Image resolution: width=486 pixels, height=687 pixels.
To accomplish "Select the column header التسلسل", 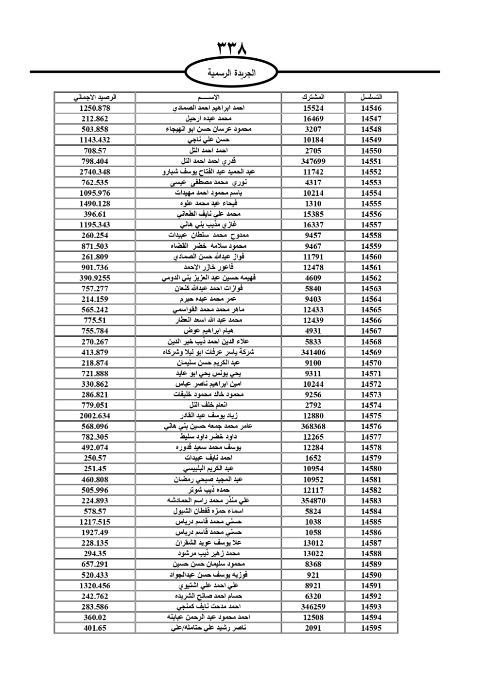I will (371, 97).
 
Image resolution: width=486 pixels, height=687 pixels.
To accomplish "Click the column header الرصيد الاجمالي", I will (95, 97).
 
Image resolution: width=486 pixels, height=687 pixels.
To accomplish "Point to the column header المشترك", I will (313, 97).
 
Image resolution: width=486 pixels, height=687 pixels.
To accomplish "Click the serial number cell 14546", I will (371, 108).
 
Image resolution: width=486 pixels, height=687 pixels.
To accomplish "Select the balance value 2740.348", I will (95, 172).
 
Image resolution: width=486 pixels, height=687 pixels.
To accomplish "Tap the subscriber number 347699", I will (313, 161).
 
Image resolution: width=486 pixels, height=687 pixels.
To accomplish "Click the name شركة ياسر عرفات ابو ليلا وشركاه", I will (208, 352).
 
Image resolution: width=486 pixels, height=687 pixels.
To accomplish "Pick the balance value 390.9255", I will (95, 278).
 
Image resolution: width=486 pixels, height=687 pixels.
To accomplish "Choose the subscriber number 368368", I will (313, 427).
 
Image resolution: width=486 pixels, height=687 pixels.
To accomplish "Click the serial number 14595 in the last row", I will (371, 628).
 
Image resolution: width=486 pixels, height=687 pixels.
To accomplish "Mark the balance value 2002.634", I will (95, 416).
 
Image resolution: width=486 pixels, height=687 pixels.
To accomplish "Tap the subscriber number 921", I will (313, 575).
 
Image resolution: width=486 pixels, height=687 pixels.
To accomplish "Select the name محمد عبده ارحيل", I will (208, 119).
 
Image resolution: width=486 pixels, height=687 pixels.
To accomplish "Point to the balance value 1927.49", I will (95, 532).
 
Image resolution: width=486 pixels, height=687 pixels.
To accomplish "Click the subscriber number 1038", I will (313, 522).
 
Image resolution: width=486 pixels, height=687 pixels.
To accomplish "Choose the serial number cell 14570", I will (371, 363).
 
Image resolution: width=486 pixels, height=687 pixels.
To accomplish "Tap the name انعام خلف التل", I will (208, 405).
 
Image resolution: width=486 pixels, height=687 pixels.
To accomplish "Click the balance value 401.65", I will (95, 628).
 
